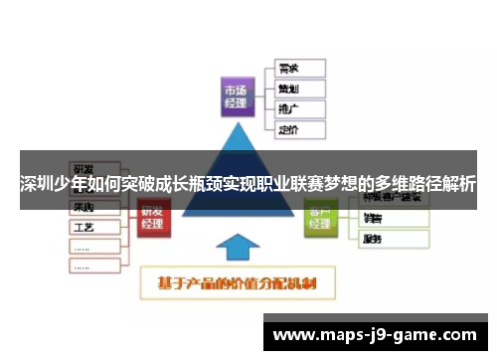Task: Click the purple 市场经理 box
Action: [x=239, y=96]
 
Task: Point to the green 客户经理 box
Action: [x=320, y=217]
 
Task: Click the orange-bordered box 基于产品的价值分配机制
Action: [x=238, y=282]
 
